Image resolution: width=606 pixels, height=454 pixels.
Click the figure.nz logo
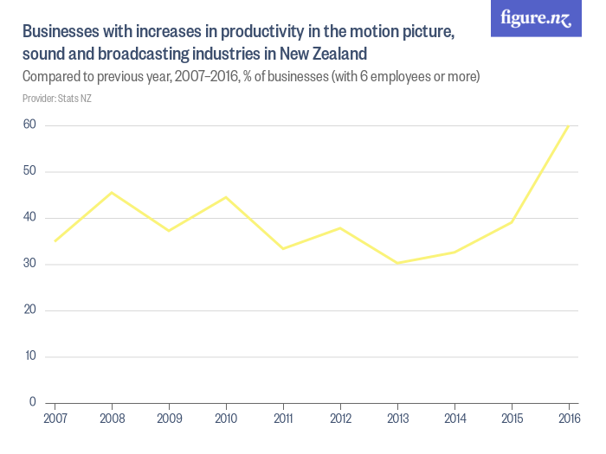click(536, 19)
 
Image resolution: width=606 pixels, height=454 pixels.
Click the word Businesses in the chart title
click(58, 32)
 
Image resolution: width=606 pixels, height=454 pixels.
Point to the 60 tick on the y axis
click(29, 125)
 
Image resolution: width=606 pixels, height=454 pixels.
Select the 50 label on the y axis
click(29, 171)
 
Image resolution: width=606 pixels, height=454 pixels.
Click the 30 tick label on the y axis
click(29, 264)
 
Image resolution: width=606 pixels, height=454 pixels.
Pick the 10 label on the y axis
click(29, 356)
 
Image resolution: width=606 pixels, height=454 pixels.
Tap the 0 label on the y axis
click(32, 402)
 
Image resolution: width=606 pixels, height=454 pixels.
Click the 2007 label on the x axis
click(55, 419)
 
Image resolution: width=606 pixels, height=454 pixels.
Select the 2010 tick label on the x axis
click(226, 419)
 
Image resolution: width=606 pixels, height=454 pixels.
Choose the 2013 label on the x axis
click(397, 419)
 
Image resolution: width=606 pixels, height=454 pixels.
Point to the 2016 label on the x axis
click(568, 419)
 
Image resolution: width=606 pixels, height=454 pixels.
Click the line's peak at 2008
click(112, 192)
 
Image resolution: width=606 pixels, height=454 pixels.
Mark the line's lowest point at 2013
click(397, 263)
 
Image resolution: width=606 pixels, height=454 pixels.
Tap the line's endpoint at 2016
click(568, 126)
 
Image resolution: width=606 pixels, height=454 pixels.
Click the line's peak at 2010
click(226, 197)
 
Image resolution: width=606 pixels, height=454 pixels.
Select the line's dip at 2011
click(283, 248)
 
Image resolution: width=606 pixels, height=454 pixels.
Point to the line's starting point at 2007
click(55, 241)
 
